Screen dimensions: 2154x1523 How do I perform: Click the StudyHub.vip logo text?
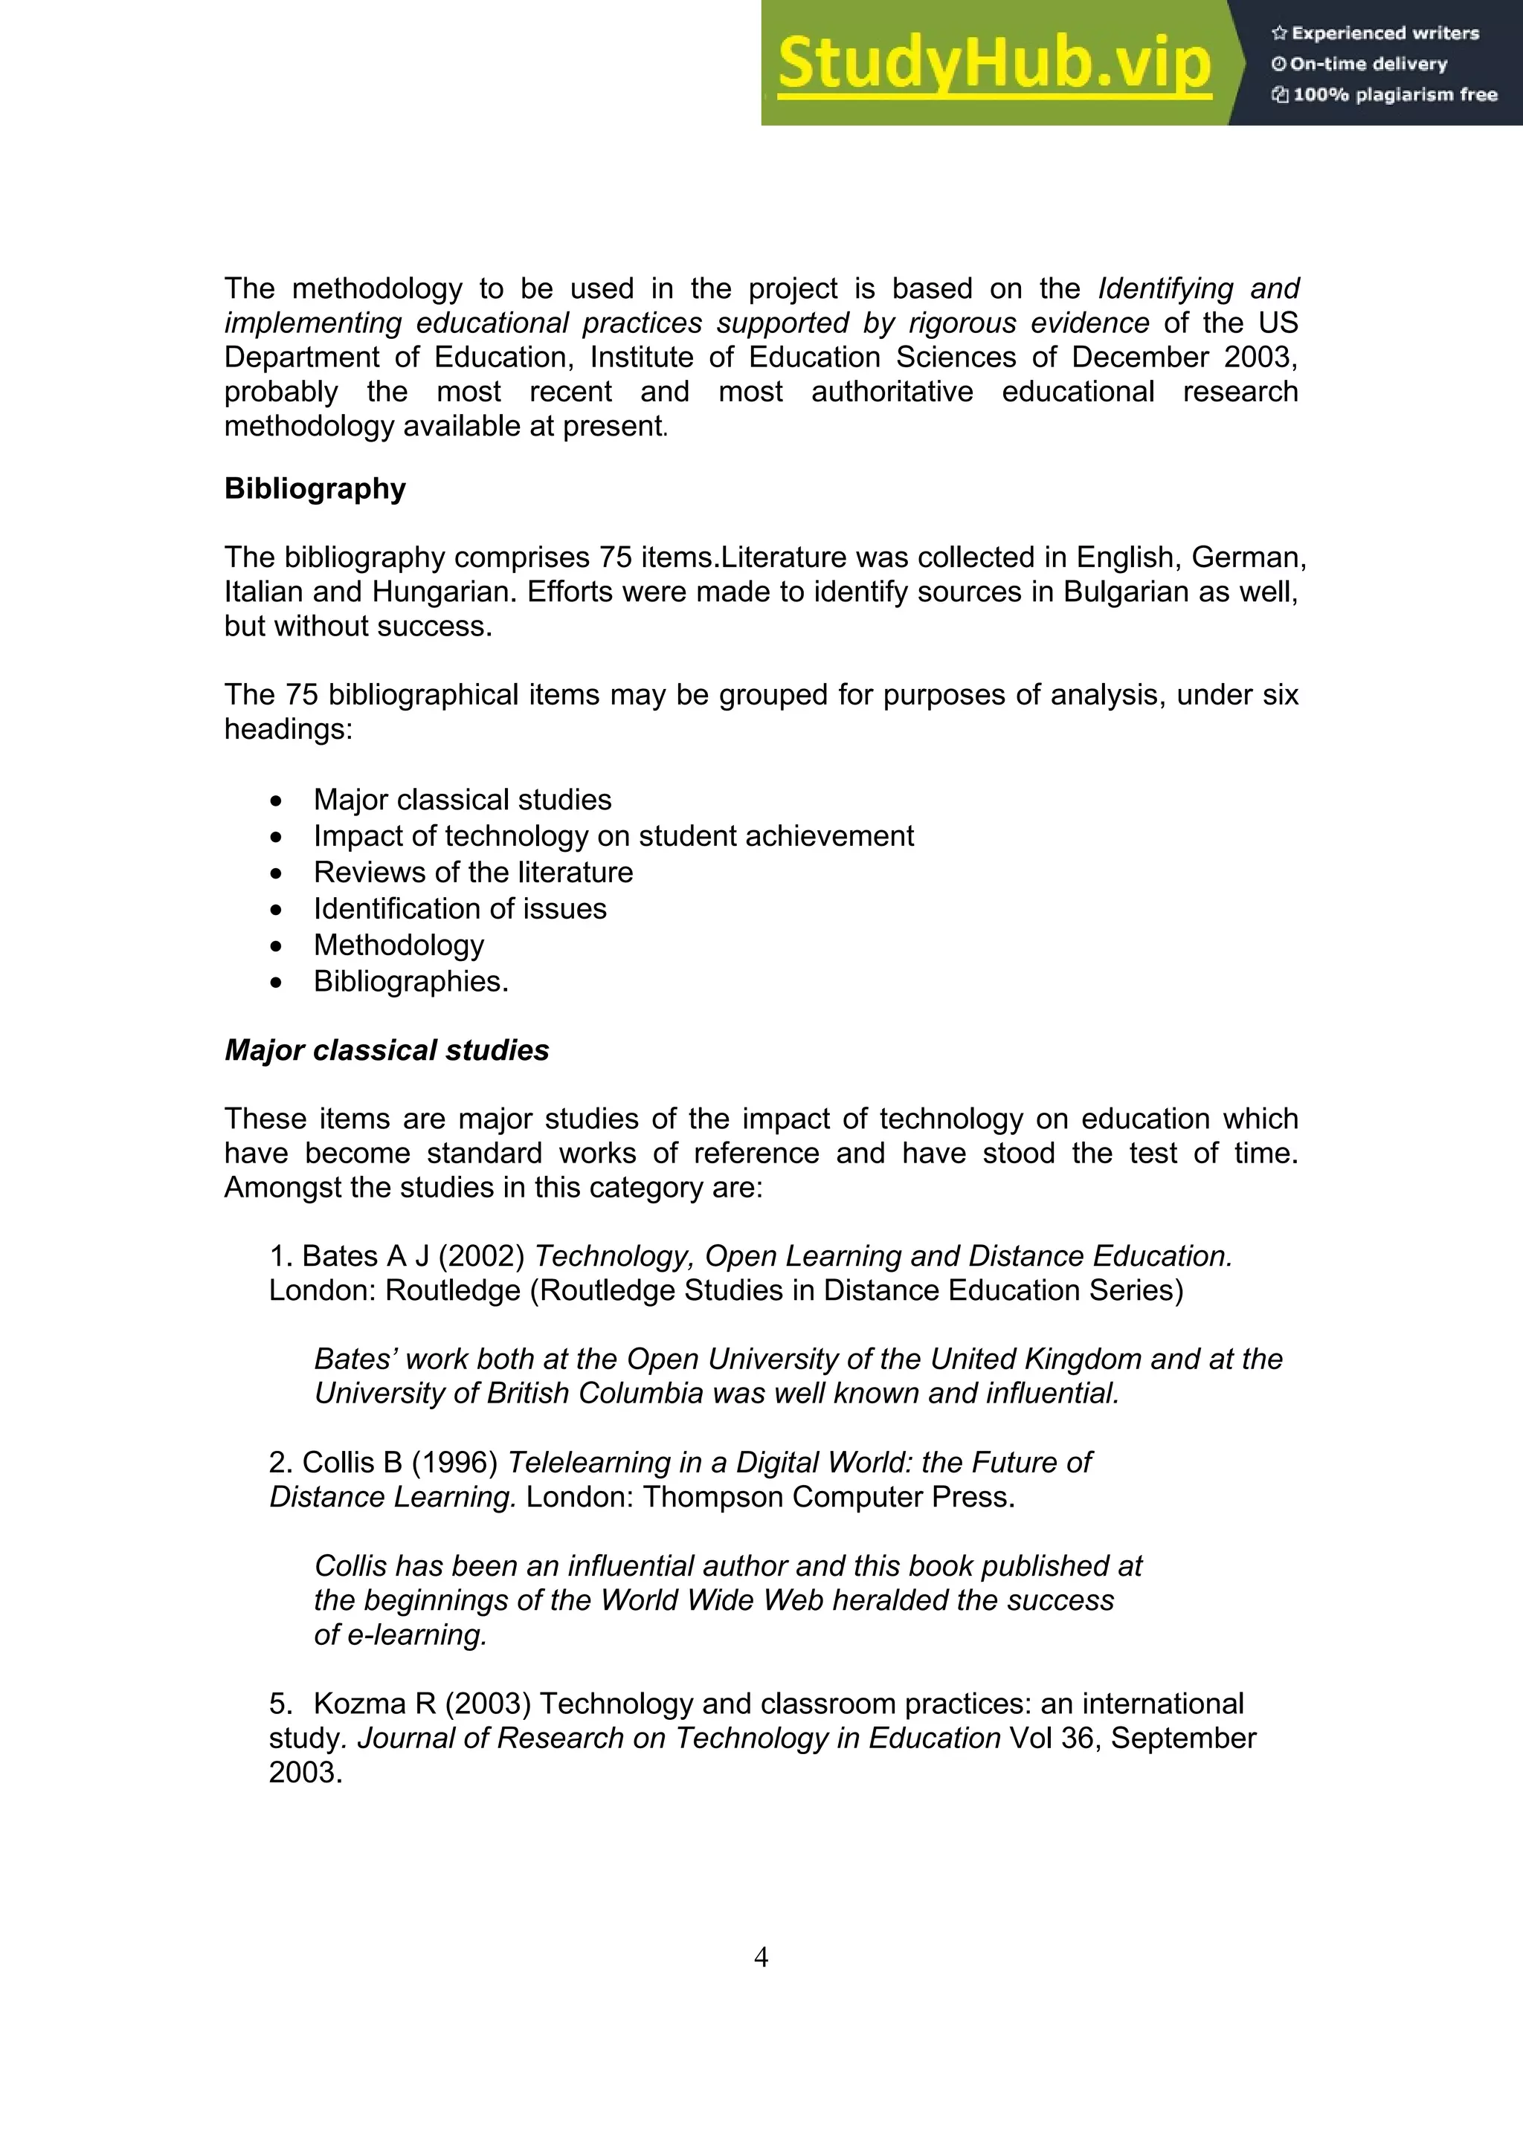(995, 64)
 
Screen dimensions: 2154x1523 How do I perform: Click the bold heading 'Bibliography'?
(315, 489)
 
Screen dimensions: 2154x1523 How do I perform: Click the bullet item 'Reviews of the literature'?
(473, 873)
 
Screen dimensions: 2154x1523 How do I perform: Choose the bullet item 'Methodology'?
(399, 945)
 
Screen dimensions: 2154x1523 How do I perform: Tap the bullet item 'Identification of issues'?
(460, 909)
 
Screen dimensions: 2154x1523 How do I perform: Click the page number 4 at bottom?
(761, 1957)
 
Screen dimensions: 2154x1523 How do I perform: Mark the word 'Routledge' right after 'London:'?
(452, 1291)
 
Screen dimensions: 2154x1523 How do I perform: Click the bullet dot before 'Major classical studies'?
(275, 801)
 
